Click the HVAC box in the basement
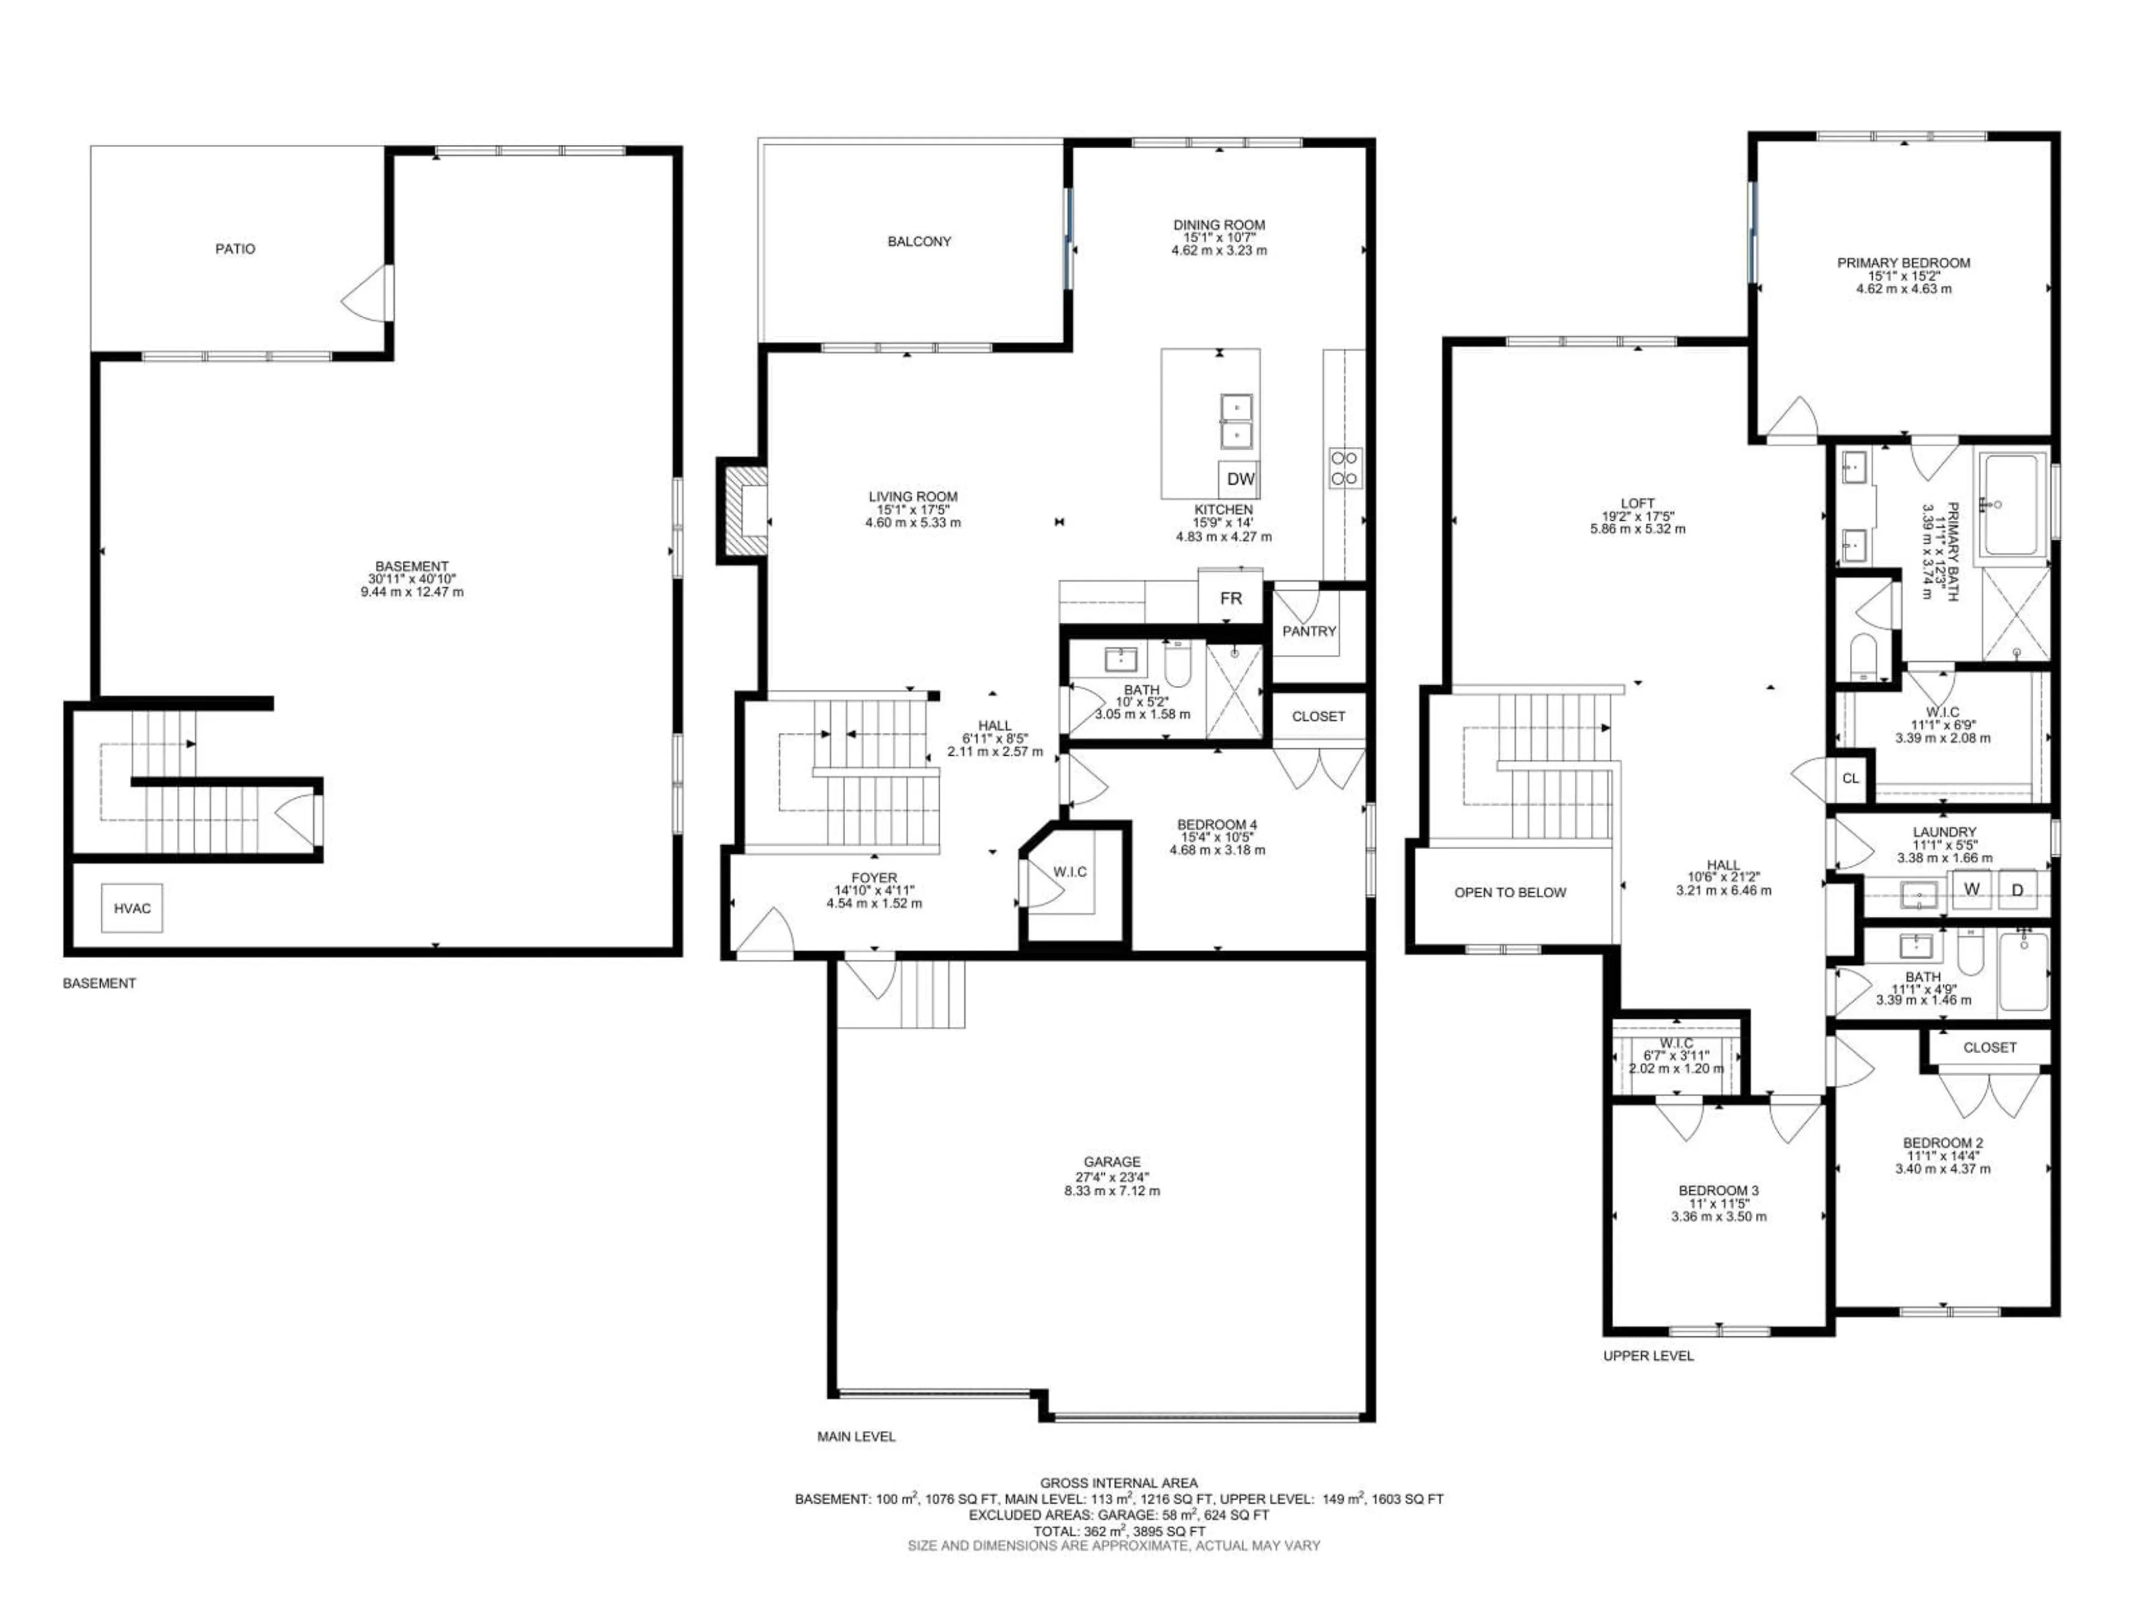(132, 908)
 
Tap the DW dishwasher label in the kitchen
(1240, 479)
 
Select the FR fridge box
(1230, 598)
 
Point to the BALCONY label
(918, 242)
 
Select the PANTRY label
(1309, 631)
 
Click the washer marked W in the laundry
(1971, 889)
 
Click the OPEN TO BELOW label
(1510, 892)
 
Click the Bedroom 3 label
(1718, 1190)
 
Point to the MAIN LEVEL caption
(855, 1436)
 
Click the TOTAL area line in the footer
(1119, 1532)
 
